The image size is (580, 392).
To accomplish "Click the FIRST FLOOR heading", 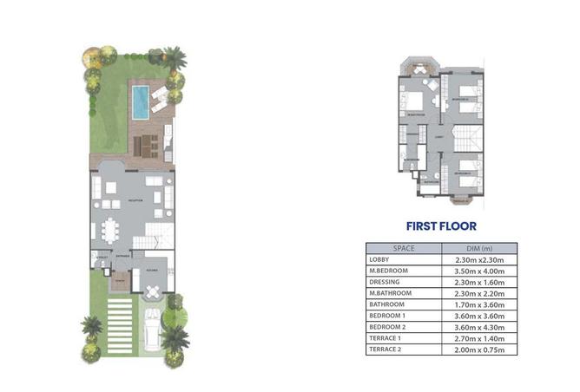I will [441, 226].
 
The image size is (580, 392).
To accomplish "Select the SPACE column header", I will [404, 248].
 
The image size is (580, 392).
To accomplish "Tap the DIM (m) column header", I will [479, 248].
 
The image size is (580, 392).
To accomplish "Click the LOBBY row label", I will [379, 259].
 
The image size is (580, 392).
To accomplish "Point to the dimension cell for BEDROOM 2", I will [479, 327].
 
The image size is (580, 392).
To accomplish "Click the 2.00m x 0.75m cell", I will [479, 350].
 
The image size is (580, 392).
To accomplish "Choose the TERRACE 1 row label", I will [384, 338].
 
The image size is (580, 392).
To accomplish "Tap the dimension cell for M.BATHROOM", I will [479, 293].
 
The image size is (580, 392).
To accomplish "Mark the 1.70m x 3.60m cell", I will [479, 304].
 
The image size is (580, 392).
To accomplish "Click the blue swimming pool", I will [139, 101].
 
